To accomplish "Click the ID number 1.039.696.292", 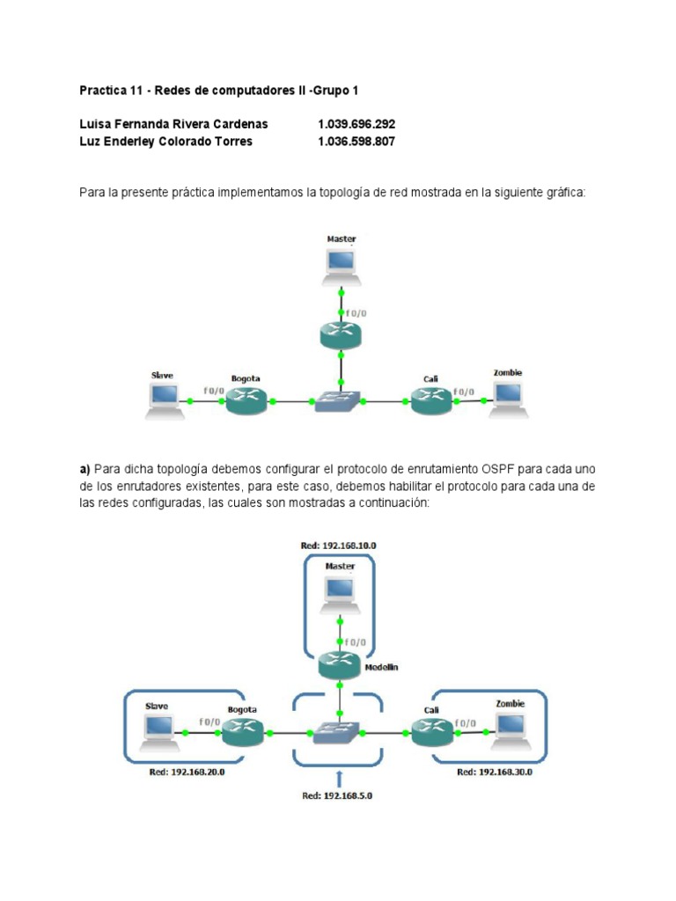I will tap(356, 124).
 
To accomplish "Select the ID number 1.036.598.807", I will tap(356, 141).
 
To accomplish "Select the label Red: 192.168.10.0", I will tap(338, 546).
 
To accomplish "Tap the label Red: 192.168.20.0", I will tap(188, 772).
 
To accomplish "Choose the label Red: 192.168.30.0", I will tap(495, 772).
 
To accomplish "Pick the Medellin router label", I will tap(381, 667).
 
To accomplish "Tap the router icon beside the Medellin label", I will tap(340, 664).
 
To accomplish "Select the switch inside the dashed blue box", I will tap(339, 732).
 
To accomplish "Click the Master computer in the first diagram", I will tap(341, 265).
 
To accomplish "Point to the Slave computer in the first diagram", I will tap(165, 400).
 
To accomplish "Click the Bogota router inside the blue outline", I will tap(243, 731).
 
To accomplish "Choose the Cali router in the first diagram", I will tap(431, 400).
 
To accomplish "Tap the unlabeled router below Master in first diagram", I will tap(341, 333).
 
